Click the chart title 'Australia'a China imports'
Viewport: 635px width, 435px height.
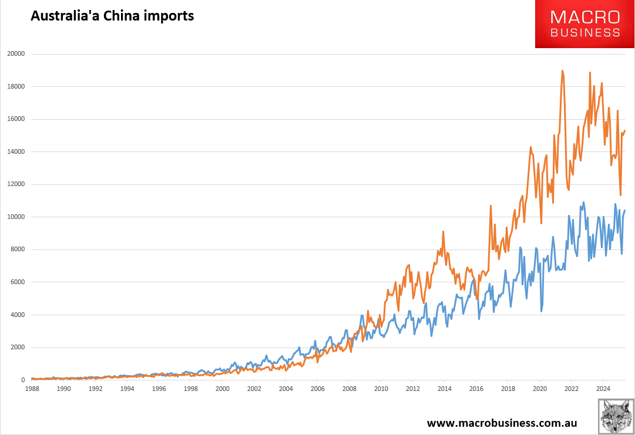coord(112,16)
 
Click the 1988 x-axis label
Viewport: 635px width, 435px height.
coord(32,389)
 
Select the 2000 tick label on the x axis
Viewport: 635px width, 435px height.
coord(222,389)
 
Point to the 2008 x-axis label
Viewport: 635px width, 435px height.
coord(349,389)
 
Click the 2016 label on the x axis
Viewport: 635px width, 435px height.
coord(476,389)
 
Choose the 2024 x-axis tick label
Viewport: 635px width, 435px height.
coord(603,389)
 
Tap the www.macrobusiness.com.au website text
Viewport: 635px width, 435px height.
coord(502,423)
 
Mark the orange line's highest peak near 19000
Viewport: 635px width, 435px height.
coord(562,70)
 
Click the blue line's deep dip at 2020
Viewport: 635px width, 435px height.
coord(541,311)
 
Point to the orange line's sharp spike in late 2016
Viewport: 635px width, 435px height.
coord(490,205)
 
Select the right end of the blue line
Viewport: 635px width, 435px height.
coord(624,210)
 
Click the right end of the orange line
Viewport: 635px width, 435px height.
coord(625,130)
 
